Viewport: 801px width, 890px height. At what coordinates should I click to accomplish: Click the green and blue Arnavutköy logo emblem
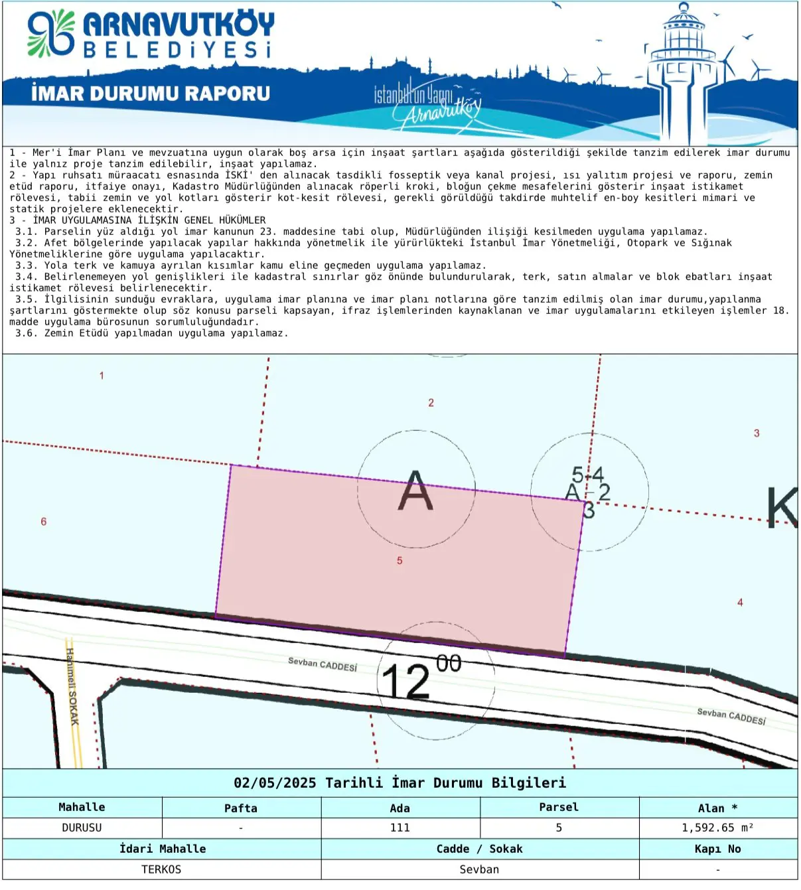(x=50, y=34)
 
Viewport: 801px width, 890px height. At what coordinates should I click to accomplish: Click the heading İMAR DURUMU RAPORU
(x=151, y=94)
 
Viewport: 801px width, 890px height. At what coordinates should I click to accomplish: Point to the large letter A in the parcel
(x=415, y=490)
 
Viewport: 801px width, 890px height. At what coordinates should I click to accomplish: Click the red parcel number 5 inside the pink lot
(x=400, y=561)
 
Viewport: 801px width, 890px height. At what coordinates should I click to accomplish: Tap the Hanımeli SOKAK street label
(x=72, y=687)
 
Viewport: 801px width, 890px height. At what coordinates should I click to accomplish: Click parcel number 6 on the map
(x=44, y=522)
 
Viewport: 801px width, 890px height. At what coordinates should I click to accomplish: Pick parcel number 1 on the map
(x=102, y=376)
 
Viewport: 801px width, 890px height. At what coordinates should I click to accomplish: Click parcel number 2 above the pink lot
(x=431, y=403)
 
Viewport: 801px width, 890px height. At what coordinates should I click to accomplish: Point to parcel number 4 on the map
(x=740, y=603)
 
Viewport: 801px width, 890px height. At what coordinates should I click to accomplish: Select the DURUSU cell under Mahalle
(x=82, y=828)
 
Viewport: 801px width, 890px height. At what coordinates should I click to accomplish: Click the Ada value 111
(x=400, y=828)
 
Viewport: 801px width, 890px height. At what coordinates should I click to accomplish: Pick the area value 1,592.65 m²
(x=717, y=828)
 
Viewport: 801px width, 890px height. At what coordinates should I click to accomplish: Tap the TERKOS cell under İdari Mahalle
(x=161, y=869)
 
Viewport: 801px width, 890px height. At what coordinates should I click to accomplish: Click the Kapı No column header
(x=717, y=849)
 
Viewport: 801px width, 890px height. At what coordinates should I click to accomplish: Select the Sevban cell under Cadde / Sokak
(x=479, y=869)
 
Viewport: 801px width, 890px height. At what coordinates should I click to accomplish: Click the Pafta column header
(x=240, y=808)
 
